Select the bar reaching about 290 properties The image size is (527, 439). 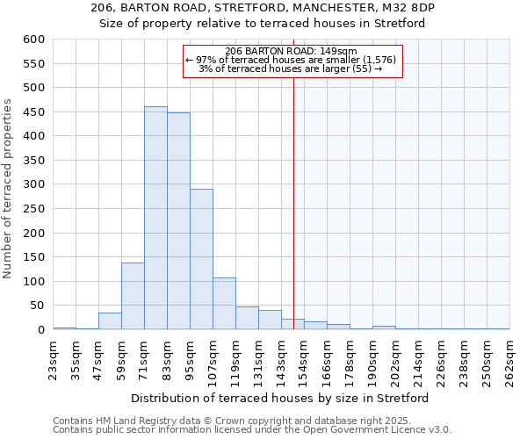click(201, 259)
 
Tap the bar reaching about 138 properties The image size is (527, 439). click(133, 296)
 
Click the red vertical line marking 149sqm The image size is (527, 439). click(293, 219)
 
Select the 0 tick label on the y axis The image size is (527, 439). click(40, 330)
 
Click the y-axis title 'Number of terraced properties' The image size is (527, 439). click(9, 188)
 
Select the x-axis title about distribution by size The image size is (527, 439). click(280, 398)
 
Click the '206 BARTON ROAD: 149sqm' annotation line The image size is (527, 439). click(291, 51)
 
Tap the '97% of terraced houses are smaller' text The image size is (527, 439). click(291, 60)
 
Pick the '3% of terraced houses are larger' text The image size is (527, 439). click(291, 68)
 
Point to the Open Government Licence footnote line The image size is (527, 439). click(251, 430)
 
